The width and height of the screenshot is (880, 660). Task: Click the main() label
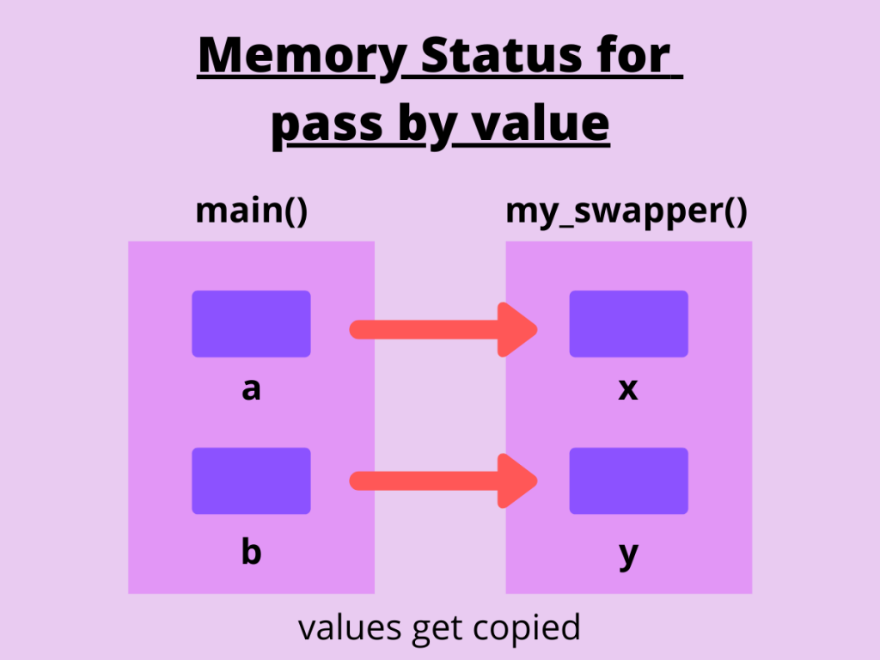[251, 211]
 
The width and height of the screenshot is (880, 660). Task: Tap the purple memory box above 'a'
[251, 324]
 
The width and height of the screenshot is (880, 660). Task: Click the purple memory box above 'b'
[251, 480]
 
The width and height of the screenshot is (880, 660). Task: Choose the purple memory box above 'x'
[628, 324]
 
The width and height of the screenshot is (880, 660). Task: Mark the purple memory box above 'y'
[628, 480]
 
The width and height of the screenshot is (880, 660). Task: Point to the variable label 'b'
[251, 551]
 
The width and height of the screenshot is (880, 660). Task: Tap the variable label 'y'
[628, 554]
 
